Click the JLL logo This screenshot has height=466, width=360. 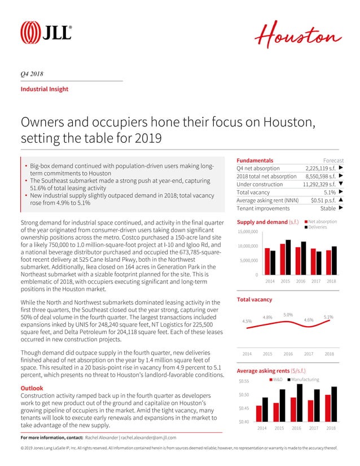coord(46,32)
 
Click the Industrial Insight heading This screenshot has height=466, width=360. coord(44,89)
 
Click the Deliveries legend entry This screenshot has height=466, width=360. coord(321,227)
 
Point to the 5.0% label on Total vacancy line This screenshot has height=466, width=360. coord(288,314)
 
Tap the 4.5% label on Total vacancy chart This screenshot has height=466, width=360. coord(247,321)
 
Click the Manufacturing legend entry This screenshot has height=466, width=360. coord(305,380)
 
